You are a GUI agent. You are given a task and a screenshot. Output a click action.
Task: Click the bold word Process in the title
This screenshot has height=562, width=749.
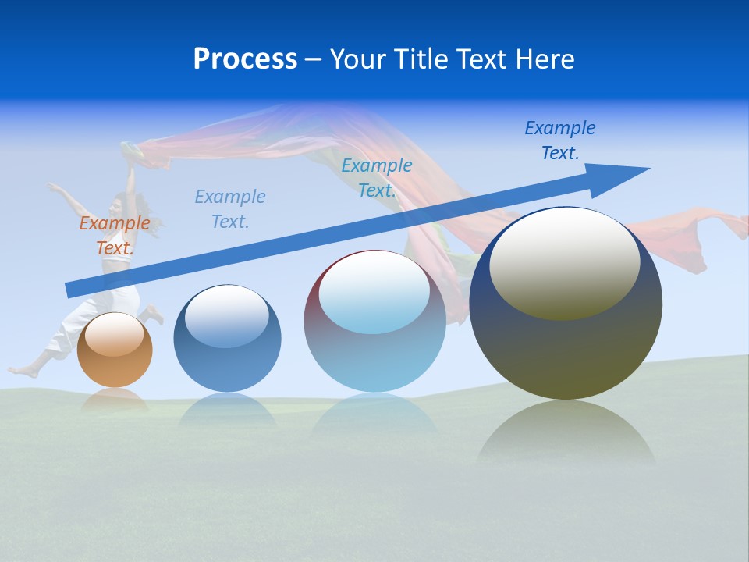pos(245,59)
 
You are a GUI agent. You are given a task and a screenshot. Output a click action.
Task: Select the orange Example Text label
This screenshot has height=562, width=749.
pos(115,236)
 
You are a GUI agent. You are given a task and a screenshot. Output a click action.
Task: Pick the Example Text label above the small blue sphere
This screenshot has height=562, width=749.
pos(230,209)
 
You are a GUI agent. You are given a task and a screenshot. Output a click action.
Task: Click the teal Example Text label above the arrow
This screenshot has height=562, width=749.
pos(377,177)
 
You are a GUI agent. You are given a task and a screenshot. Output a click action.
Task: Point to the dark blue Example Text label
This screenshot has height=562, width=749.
pos(559,140)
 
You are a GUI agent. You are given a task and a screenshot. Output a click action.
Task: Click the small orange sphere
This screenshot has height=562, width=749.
pos(115,359)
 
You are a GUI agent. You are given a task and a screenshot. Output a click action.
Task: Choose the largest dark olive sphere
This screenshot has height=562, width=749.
pos(566,343)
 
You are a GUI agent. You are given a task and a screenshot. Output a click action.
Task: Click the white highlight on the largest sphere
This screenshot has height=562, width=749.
pos(564,261)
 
